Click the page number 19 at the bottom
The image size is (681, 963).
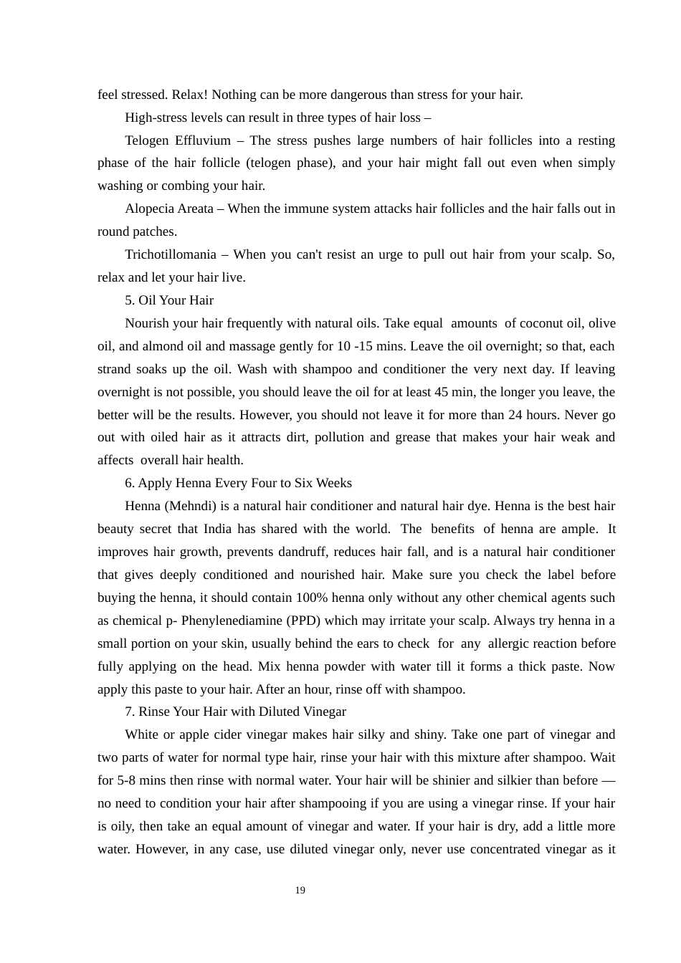[300, 891]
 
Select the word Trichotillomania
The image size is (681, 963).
[170, 254]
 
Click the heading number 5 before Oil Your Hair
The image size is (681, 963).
[129, 300]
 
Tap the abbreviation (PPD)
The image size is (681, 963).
[305, 621]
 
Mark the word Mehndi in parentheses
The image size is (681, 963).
[191, 506]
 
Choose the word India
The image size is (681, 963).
[217, 529]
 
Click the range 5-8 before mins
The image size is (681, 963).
[128, 780]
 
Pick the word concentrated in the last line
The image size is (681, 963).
[505, 849]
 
